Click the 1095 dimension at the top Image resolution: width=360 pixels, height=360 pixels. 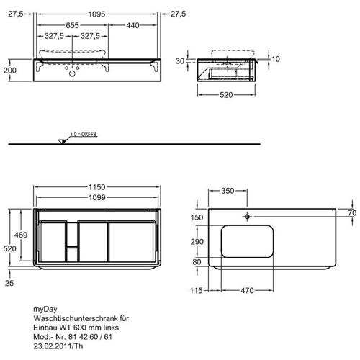(x=96, y=14)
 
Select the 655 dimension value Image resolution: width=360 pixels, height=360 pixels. (x=72, y=25)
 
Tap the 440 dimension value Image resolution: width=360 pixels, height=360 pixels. (x=132, y=25)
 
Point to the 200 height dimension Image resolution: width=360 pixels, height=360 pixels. (x=10, y=71)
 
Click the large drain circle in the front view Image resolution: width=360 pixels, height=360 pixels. (x=72, y=73)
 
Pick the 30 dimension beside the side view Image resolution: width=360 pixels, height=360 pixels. (x=180, y=61)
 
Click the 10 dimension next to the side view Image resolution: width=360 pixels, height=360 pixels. (x=276, y=59)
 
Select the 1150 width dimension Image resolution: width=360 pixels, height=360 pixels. (x=97, y=187)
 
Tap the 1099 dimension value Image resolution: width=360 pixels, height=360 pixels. (x=97, y=197)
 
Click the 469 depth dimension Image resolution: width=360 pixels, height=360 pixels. (x=21, y=235)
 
